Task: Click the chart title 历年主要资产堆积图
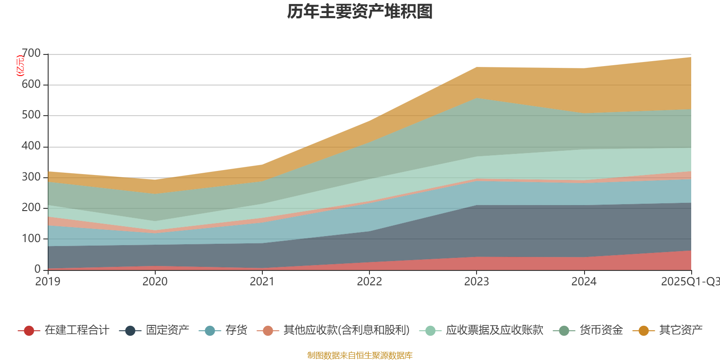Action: tap(360, 12)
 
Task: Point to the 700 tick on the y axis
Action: tap(31, 54)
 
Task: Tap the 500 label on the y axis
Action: tap(31, 115)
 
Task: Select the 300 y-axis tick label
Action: tap(31, 177)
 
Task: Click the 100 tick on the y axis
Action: tap(31, 238)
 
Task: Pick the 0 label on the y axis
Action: tap(37, 269)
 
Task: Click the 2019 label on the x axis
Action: tap(48, 282)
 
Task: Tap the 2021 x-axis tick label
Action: tap(262, 282)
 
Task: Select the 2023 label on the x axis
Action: tap(477, 282)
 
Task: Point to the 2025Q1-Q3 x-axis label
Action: tap(690, 282)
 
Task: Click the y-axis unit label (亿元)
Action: tap(20, 66)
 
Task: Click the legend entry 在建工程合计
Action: tap(76, 330)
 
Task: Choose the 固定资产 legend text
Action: tap(167, 330)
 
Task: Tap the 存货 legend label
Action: tap(236, 330)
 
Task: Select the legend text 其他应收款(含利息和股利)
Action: tap(346, 330)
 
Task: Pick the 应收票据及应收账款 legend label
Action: tap(494, 330)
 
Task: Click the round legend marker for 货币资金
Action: tap(564, 331)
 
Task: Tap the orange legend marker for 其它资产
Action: tap(643, 331)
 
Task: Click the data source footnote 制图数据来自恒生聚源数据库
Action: tap(360, 355)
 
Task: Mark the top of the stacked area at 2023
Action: tap(477, 67)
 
